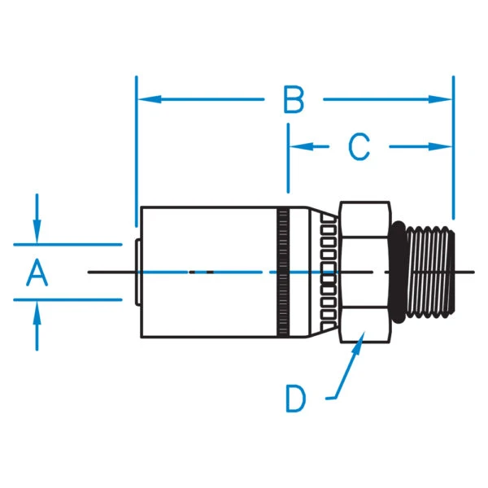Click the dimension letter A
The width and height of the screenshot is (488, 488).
[37, 272]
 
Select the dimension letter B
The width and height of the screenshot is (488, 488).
[294, 101]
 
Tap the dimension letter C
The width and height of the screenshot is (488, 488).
[359, 147]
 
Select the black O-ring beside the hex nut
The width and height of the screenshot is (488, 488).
[398, 269]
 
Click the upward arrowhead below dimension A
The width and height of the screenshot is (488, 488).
[37, 309]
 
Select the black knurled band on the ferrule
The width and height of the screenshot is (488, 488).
[283, 272]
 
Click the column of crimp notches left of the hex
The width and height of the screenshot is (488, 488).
[328, 272]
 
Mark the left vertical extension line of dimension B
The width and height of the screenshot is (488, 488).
[137, 146]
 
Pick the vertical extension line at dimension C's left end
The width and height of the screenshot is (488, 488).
[288, 163]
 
